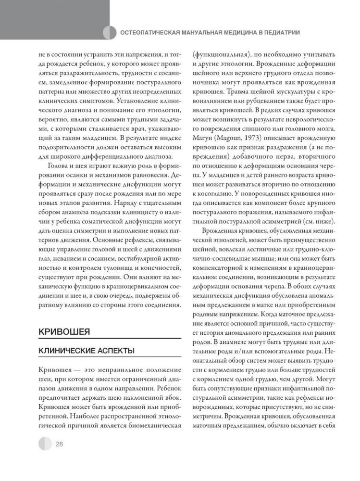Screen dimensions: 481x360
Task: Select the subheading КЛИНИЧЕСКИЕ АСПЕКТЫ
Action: (87, 351)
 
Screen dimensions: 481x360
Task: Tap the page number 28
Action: (60, 443)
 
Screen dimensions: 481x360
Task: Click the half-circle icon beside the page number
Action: (44, 443)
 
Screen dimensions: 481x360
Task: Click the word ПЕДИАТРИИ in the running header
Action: (282, 33)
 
